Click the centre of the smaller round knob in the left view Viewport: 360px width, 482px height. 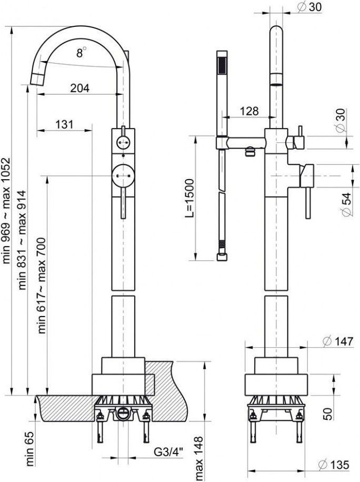[123, 142]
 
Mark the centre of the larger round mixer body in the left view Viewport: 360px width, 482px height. [123, 175]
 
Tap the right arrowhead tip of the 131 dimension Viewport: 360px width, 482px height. [92, 131]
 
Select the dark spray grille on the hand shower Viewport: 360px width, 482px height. [221, 65]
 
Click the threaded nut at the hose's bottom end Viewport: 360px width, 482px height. [221, 257]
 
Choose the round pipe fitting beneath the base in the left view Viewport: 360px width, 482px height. [123, 412]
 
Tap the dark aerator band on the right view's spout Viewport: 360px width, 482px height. [276, 84]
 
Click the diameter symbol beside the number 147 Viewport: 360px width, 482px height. [327, 341]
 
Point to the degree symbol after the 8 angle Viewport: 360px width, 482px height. [84, 48]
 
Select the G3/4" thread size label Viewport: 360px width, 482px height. [168, 452]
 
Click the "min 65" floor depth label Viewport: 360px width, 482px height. [30, 449]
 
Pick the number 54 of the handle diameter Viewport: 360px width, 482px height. [346, 199]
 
